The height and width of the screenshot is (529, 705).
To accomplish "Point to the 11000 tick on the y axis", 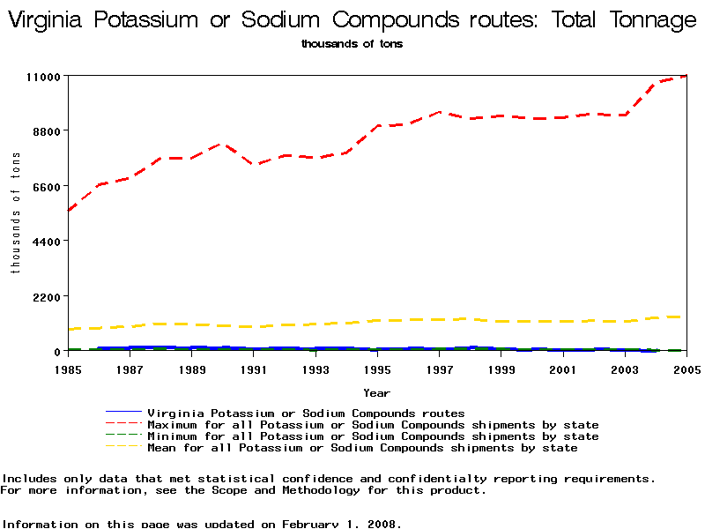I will coord(41,77).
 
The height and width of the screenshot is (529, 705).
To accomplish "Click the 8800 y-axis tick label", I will coord(45,131).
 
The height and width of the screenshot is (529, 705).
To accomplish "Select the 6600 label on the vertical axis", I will coord(45,186).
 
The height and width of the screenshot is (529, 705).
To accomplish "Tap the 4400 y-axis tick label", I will coord(45,242).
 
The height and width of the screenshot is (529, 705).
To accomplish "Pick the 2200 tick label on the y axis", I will coord(45,296).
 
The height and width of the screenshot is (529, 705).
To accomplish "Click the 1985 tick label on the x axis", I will coord(68,369).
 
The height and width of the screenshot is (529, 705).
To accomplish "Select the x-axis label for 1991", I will coord(254,369).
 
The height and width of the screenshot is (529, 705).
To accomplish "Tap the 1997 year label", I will coord(439,369).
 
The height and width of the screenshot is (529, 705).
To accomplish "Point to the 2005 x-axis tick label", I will coord(686,369).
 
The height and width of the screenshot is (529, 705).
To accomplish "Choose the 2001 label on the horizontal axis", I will coord(563,369).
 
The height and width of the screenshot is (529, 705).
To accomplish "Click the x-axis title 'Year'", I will coord(376,392).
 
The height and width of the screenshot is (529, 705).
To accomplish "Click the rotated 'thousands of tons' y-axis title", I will coord(15,212).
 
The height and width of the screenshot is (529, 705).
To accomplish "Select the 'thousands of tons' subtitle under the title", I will coord(352,44).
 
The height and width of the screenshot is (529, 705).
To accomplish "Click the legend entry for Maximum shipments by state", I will coord(373,425).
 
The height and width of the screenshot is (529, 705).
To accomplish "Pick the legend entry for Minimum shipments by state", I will coord(373,436).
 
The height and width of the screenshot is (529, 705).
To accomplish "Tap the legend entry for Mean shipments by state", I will coord(362,448).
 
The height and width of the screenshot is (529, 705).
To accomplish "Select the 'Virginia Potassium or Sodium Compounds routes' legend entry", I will coord(306,413).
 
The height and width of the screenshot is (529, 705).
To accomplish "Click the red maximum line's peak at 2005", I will coord(685,77).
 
